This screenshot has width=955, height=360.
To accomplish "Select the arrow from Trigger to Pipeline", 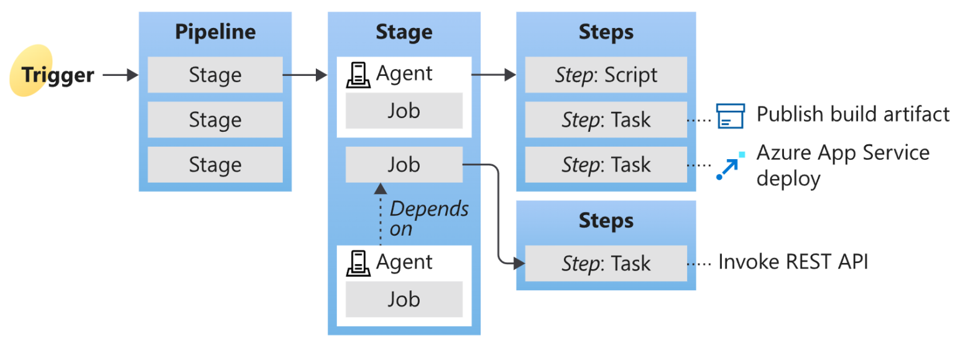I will (120, 75).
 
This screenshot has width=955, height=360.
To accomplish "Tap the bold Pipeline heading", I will (215, 32).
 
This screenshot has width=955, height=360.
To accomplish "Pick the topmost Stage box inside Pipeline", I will (215, 75).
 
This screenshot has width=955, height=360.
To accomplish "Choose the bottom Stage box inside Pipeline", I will (215, 165).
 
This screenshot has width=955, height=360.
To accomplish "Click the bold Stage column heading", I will (404, 32).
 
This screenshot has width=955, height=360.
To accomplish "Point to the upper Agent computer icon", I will (358, 75).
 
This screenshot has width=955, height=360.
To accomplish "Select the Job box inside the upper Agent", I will (404, 111).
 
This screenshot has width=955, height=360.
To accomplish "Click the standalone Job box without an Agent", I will (404, 165).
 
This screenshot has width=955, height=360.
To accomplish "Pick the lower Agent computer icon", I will (358, 263).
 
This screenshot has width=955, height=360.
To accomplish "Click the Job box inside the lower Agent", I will (404, 299).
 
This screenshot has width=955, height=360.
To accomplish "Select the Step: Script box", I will (606, 75).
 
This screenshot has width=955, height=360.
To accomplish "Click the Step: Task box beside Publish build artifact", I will (606, 120).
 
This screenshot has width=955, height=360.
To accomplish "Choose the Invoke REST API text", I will (793, 262).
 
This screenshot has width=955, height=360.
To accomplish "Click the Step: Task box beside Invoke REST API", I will (606, 264).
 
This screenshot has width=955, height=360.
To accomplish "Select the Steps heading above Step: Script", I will (606, 32).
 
